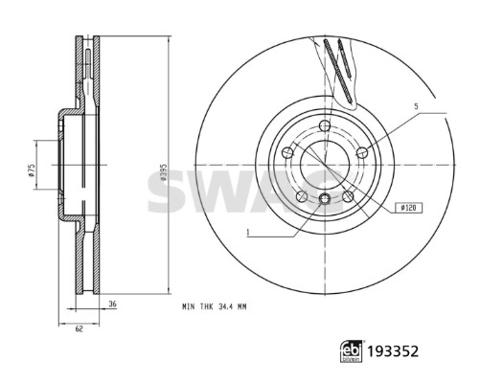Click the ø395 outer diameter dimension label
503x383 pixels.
pyautogui.click(x=163, y=172)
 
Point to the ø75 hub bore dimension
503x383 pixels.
pyautogui.click(x=31, y=170)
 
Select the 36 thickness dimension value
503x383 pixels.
pyautogui.click(x=112, y=304)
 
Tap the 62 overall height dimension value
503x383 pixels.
pyautogui.click(x=79, y=328)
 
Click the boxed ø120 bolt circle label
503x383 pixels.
pyautogui.click(x=408, y=208)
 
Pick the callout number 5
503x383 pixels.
pyautogui.click(x=416, y=106)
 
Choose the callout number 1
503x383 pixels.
pyautogui.click(x=248, y=233)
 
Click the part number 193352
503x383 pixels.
pyautogui.click(x=393, y=351)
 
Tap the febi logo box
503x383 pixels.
pyautogui.click(x=352, y=351)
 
